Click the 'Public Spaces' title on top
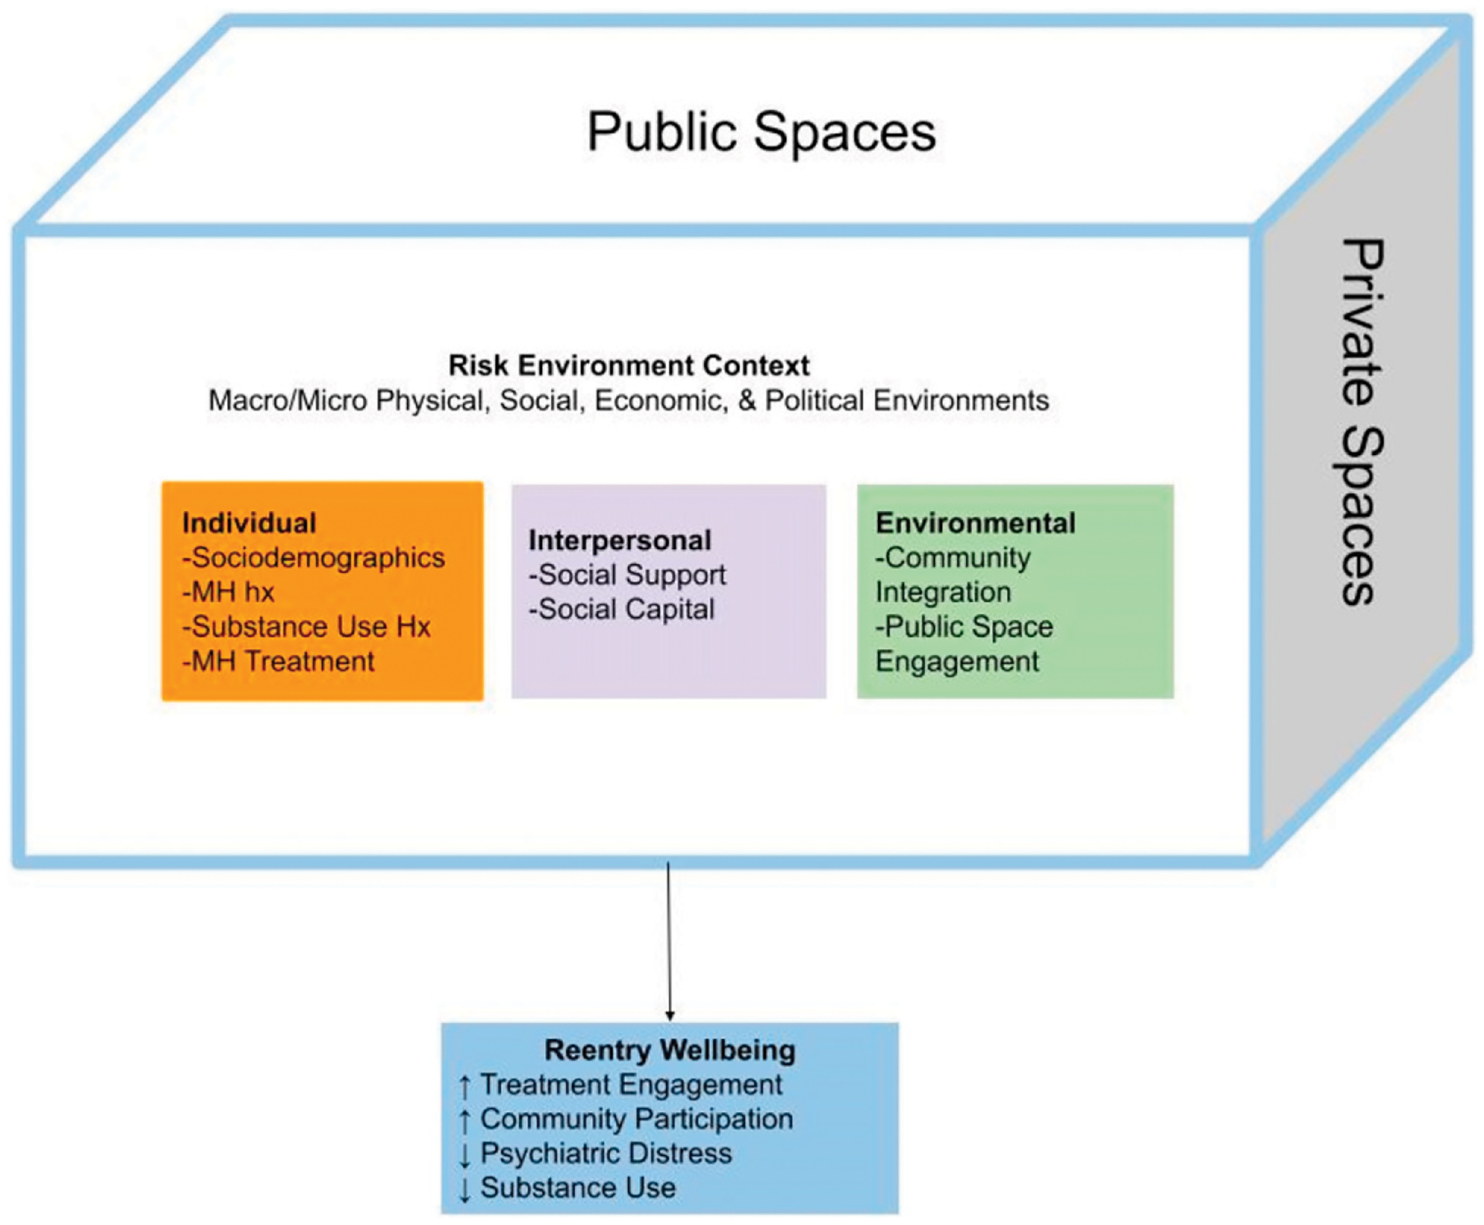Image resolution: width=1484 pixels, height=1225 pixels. pos(761,132)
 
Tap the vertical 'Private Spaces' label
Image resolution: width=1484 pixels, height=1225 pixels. pos(1360,422)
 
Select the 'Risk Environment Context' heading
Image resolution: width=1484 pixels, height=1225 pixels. pos(628,365)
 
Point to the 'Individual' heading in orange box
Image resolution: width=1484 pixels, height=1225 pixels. pos(249,523)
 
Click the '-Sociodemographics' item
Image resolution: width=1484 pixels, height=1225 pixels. pos(313,558)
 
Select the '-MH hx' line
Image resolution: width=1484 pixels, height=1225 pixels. pos(228,592)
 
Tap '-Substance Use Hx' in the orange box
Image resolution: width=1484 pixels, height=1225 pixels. pos(307,627)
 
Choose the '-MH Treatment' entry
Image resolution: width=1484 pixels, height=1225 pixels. pos(279,661)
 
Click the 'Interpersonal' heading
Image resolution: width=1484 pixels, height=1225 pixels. pos(620,540)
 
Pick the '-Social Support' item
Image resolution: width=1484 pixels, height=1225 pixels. pos(627,575)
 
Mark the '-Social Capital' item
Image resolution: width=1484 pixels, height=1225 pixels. pos(622,609)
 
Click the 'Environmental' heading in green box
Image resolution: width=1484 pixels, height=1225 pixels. pos(975,523)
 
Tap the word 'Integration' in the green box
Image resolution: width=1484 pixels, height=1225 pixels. pos(943,592)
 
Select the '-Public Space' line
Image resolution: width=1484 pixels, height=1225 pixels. pos(964,627)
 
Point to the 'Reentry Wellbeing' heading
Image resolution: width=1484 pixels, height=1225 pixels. pos(669,1050)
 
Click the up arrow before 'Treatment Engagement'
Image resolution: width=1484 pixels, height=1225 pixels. pos(465,1087)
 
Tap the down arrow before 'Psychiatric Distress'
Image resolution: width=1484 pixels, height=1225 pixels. pos(465,1155)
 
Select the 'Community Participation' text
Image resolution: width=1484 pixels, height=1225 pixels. pos(636,1119)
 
